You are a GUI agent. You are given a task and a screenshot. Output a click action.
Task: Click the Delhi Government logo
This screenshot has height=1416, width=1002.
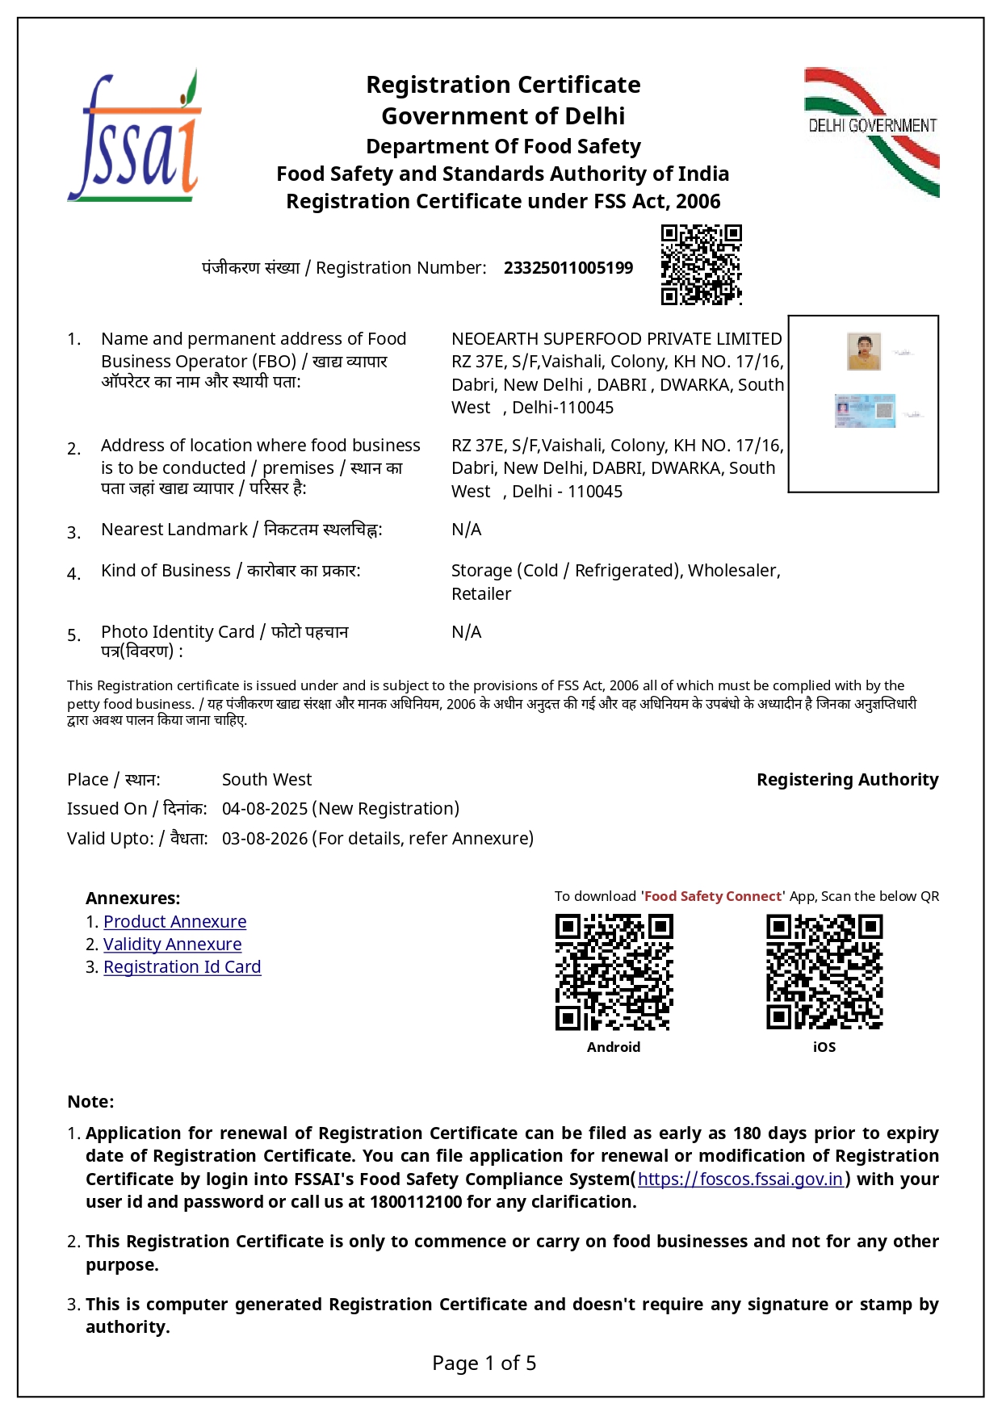(x=872, y=131)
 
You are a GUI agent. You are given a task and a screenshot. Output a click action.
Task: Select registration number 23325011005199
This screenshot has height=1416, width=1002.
(x=568, y=268)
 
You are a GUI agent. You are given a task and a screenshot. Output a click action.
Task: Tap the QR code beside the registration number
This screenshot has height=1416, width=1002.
(x=701, y=265)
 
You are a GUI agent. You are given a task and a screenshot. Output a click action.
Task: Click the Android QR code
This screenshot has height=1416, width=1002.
(x=614, y=972)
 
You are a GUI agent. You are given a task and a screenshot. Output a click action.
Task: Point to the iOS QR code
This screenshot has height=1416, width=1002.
(x=824, y=972)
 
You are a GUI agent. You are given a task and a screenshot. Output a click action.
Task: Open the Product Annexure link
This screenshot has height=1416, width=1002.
(x=174, y=922)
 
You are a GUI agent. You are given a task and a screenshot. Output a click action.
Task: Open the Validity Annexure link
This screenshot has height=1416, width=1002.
(x=172, y=945)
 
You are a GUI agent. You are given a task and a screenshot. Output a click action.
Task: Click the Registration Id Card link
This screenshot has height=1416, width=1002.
(x=182, y=967)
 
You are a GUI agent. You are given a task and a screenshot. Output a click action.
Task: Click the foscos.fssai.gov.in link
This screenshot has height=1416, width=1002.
(x=740, y=1179)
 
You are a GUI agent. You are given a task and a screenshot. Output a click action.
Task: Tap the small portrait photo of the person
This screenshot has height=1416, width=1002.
(x=863, y=352)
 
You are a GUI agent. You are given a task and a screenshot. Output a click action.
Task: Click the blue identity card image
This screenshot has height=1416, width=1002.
(x=865, y=411)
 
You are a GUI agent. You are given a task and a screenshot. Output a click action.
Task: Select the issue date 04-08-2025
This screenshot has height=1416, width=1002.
(x=265, y=809)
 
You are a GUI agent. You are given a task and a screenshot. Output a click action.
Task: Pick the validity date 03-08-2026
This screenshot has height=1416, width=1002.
(x=265, y=839)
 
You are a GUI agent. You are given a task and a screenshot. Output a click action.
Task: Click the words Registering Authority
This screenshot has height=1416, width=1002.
(x=847, y=780)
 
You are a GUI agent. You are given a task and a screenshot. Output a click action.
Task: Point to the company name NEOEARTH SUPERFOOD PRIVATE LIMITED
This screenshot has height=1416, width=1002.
(x=616, y=339)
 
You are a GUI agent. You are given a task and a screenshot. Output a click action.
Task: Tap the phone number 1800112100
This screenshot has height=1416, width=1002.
(x=415, y=1202)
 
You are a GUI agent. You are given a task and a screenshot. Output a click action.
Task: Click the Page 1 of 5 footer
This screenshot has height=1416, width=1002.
(x=484, y=1364)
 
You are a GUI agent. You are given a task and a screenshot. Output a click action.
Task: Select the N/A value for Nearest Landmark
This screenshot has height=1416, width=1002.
(x=466, y=530)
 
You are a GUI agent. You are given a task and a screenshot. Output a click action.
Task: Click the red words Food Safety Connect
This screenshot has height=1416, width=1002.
(x=713, y=896)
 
